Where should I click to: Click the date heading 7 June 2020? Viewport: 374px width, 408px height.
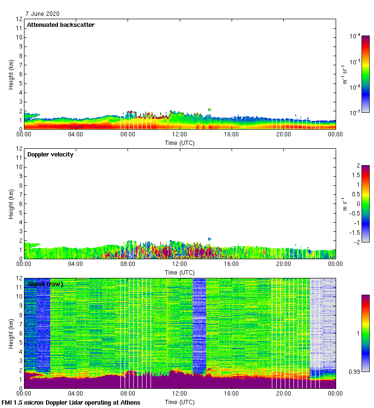coord(42,13)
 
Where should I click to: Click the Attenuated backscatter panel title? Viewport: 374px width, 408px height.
coord(61,24)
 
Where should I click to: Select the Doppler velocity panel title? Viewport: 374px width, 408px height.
coord(50,155)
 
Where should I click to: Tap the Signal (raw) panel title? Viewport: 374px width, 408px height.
coord(45,284)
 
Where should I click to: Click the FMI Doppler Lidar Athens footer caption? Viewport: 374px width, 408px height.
coord(71,402)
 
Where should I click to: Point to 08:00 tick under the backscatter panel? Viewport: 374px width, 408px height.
coord(128,135)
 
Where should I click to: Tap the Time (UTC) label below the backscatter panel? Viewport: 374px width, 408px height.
coord(180,143)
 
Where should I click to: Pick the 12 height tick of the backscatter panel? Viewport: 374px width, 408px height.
coord(20,19)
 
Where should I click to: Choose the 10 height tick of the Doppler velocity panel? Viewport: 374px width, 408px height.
coord(20,167)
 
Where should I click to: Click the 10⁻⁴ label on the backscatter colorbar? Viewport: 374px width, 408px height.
coord(355,36)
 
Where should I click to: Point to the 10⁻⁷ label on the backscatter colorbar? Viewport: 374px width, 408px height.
coord(355,112)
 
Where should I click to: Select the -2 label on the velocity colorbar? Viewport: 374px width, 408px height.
coord(357,242)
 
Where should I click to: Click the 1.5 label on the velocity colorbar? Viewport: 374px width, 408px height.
coord(356,175)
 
